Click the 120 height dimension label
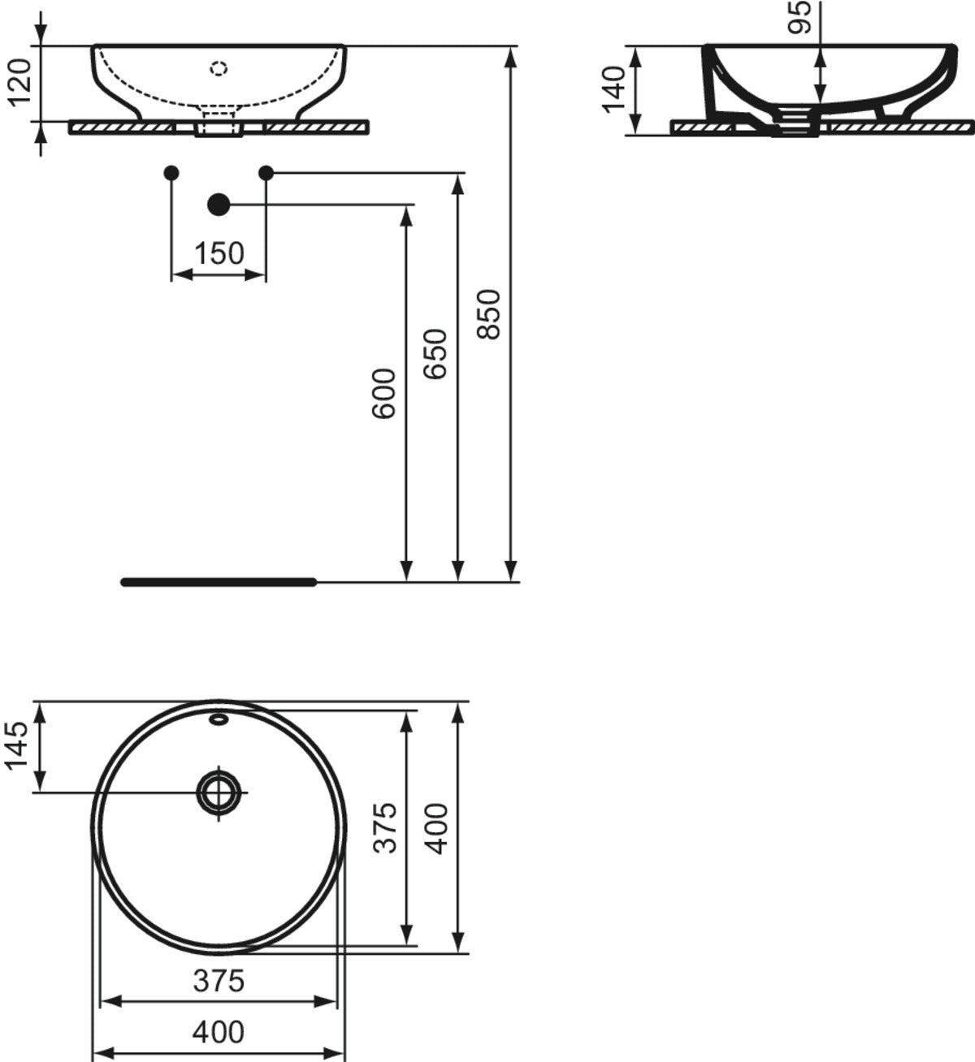pyautogui.click(x=20, y=82)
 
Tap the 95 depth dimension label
pyautogui.click(x=799, y=18)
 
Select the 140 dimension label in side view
pyautogui.click(x=615, y=90)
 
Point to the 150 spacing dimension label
pyautogui.click(x=219, y=253)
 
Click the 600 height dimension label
pyautogui.click(x=383, y=394)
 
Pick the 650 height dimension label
pyautogui.click(x=435, y=354)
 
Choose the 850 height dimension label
pyautogui.click(x=488, y=314)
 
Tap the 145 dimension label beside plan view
pyautogui.click(x=16, y=745)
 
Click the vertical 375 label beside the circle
pyautogui.click(x=384, y=828)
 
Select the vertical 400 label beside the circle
pyautogui.click(x=437, y=828)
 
